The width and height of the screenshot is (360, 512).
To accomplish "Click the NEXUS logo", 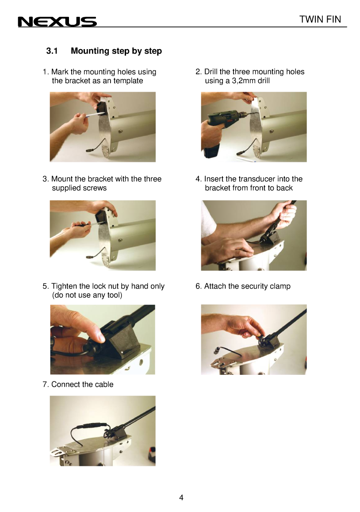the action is point(57,22).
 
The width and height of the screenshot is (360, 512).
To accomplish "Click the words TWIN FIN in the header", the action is point(320,19).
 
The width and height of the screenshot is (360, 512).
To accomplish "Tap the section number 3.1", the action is point(52,51).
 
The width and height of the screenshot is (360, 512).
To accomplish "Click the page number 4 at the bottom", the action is point(181,498).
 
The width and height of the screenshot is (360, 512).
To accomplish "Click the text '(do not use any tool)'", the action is point(87,295).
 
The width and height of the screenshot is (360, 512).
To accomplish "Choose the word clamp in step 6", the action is point(280,286).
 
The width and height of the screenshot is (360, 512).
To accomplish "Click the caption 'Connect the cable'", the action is point(82,384).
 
